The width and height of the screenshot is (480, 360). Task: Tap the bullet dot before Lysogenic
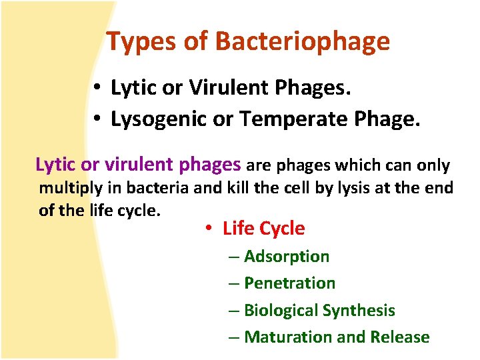97,119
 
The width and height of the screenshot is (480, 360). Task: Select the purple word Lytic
55,164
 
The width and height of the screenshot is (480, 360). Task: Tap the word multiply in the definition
68,188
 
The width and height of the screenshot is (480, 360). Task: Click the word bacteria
160,188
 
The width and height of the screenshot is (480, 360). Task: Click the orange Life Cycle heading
263,229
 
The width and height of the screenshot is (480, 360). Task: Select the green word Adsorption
287,257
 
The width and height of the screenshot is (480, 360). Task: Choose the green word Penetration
289,283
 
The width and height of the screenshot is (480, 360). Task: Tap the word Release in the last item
400,337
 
